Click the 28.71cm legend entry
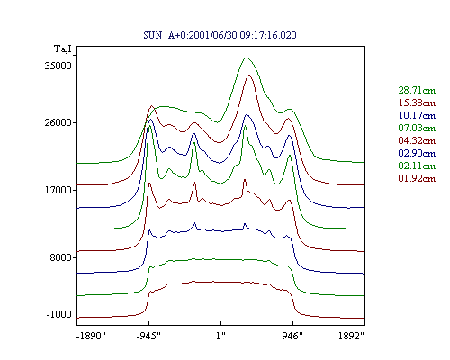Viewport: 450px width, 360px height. click(417, 90)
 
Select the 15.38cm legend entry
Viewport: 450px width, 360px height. click(417, 103)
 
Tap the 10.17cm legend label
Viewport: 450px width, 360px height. click(417, 115)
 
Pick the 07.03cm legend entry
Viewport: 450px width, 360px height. click(417, 128)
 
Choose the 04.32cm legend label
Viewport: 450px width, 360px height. click(417, 140)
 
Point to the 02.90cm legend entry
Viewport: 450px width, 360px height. click(417, 153)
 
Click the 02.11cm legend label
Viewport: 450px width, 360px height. click(417, 166)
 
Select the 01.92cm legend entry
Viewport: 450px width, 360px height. click(417, 178)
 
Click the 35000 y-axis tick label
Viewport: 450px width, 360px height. click(58, 66)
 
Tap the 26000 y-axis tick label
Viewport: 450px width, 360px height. click(58, 122)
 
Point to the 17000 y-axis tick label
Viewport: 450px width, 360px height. click(58, 190)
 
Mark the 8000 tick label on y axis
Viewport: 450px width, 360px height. click(61, 257)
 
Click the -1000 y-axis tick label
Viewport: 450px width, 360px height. click(59, 314)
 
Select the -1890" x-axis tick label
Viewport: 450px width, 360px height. click(92, 336)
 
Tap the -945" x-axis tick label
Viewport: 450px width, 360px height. click(148, 336)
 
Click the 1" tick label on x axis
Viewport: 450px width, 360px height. click(220, 336)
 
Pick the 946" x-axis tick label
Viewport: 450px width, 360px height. click(292, 336)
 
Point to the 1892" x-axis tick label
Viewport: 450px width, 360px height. click(351, 336)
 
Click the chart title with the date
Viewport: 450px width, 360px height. click(220, 35)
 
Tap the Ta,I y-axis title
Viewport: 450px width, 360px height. click(63, 49)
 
